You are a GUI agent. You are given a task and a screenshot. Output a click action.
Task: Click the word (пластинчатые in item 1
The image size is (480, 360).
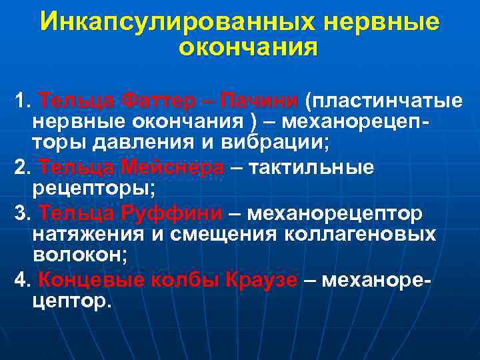pos(383,101)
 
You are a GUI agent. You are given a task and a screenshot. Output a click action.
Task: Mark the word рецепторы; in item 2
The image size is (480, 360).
pos(93,189)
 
